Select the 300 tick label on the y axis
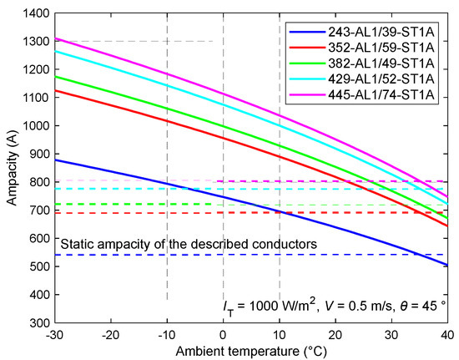pos(39,323)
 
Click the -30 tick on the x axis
pos(55,332)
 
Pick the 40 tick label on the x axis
pos(448,332)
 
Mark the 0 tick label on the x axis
pos(224,332)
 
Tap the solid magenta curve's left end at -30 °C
pos(56,38)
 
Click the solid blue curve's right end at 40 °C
pos(447,265)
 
